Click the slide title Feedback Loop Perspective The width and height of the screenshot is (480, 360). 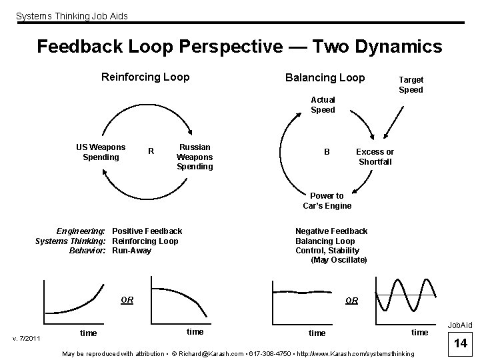[239, 47]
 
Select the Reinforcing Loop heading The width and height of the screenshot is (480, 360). [145, 77]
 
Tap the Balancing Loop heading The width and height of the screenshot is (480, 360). [325, 77]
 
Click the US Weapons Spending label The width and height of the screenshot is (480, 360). [101, 152]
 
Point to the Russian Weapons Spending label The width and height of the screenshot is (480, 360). [195, 157]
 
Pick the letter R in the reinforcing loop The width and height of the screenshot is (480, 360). [151, 151]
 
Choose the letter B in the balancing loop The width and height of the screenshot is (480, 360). [327, 152]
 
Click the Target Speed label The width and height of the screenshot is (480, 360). [411, 85]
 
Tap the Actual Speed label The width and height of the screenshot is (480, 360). [323, 105]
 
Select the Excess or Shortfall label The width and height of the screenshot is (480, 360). [375, 157]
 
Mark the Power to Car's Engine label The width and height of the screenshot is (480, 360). [327, 201]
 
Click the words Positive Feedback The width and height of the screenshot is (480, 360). [147, 231]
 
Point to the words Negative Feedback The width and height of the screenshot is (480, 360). [331, 231]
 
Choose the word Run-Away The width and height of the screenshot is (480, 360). [132, 251]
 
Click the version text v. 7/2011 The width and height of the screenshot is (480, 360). [27, 339]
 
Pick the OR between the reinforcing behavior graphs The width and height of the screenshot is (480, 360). [127, 300]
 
